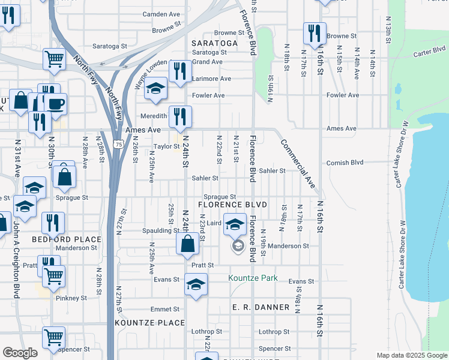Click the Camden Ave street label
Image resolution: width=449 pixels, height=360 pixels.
[161, 14]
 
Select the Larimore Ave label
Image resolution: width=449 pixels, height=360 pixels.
[212, 79]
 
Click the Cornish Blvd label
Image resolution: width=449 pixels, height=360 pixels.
[345, 163]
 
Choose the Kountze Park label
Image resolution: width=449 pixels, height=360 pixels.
[253, 278]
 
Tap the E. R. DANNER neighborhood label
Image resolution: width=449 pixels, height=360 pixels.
[261, 307]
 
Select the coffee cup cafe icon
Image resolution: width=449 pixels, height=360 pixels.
[56, 103]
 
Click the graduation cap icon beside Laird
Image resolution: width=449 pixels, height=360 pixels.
[235, 224]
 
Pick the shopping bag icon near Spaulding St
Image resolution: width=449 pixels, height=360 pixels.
[187, 243]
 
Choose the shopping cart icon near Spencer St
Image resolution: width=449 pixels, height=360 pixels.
[53, 337]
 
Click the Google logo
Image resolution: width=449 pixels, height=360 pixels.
[20, 353]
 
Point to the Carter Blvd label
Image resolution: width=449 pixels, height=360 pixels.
[428, 53]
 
